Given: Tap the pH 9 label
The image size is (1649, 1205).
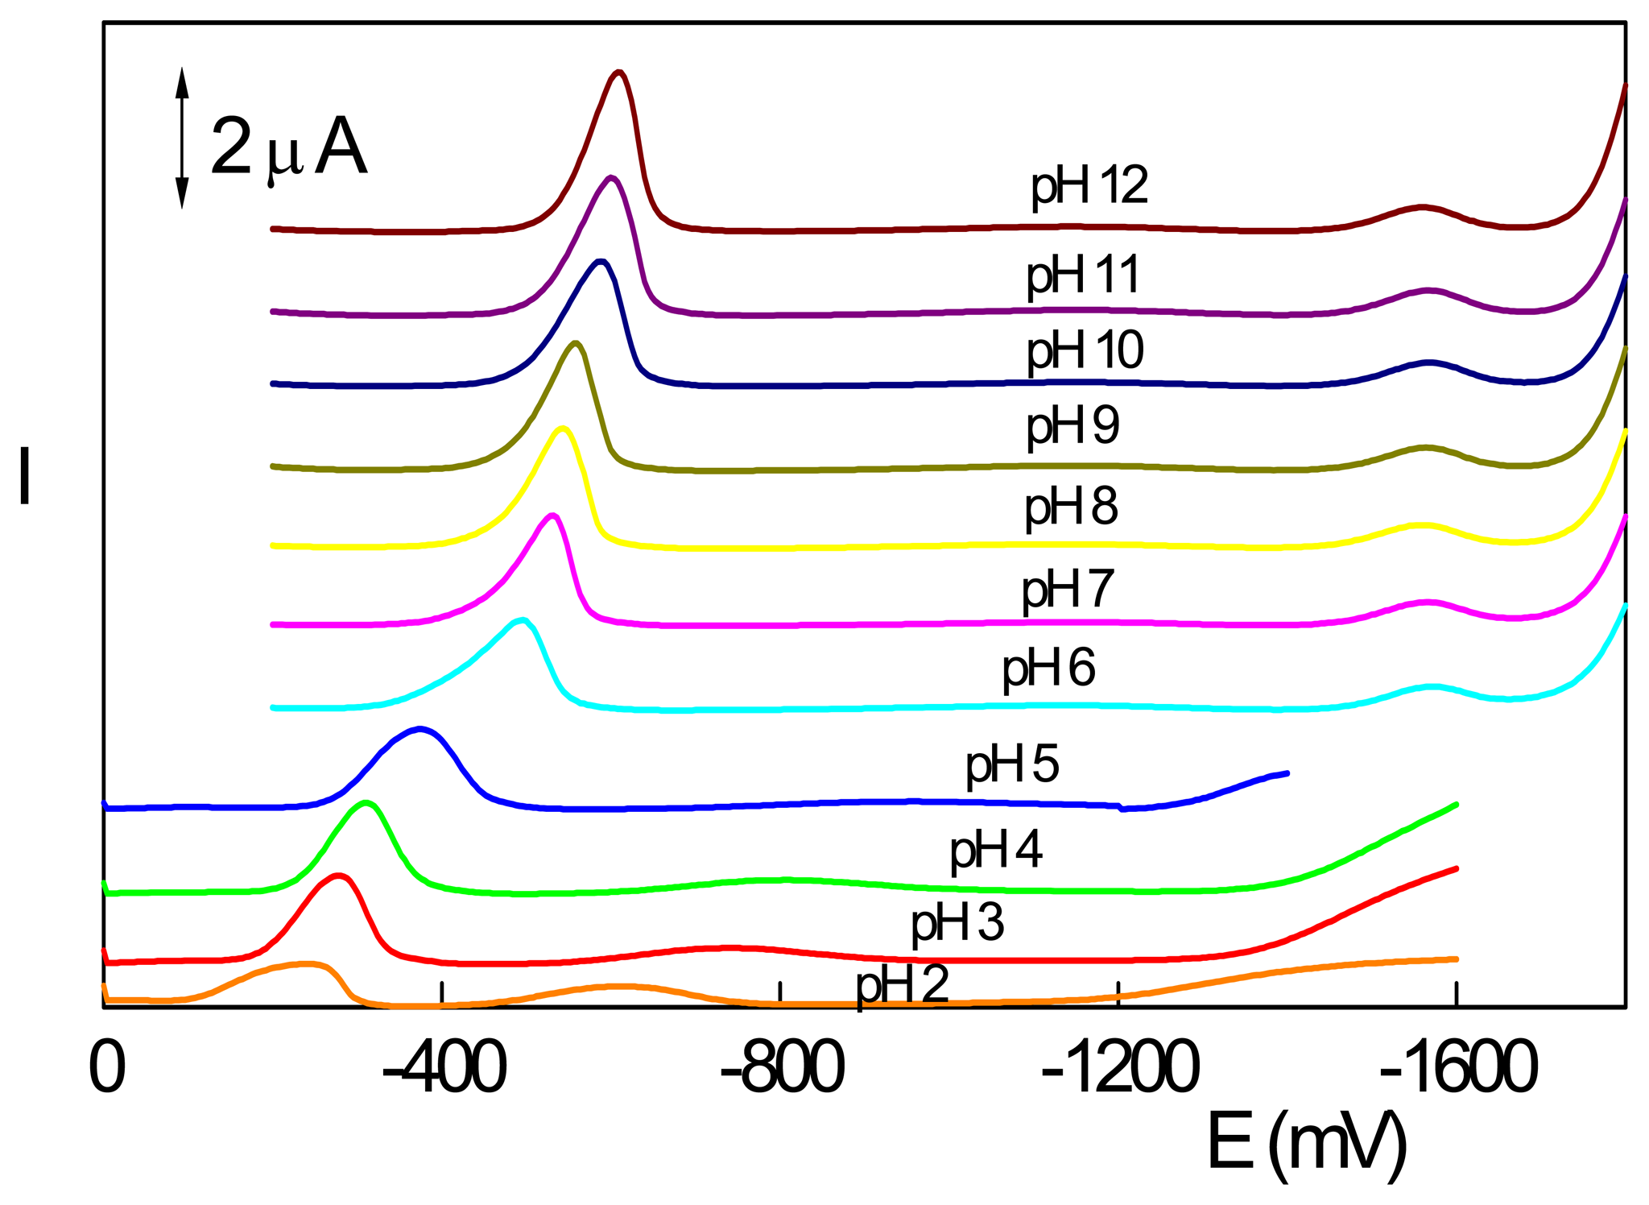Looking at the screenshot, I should pyautogui.click(x=1072, y=426).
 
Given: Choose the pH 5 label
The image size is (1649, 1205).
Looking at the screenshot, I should pyautogui.click(x=1012, y=766).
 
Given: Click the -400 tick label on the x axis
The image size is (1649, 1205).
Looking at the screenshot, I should pyautogui.click(x=444, y=1069).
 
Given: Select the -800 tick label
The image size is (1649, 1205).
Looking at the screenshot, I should pyautogui.click(x=782, y=1069).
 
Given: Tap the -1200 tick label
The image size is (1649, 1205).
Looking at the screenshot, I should pyautogui.click(x=1120, y=1069).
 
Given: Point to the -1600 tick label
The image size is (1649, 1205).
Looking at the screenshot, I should pyautogui.click(x=1458, y=1069).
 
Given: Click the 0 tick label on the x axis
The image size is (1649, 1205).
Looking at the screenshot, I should pyautogui.click(x=107, y=1069).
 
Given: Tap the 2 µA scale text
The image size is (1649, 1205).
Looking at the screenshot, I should pyautogui.click(x=287, y=148).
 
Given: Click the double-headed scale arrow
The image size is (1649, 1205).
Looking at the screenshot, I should pyautogui.click(x=182, y=139).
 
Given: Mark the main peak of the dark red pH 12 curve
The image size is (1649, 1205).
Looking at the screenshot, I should pyautogui.click(x=618, y=72).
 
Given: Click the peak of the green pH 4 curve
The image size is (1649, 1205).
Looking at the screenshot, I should pyautogui.click(x=366, y=802).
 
